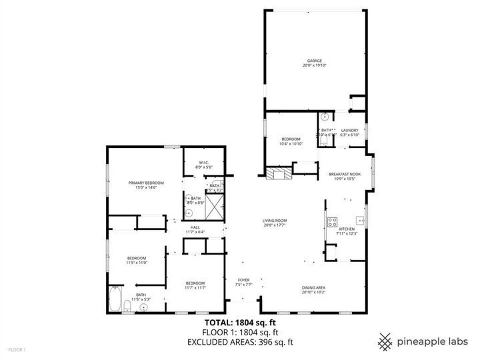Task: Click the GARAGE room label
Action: (315, 61)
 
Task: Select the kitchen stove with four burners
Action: (332, 222)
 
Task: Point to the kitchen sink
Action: (360, 219)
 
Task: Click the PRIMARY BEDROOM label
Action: (146, 182)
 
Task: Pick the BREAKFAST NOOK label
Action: (344, 174)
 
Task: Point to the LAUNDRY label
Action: (350, 130)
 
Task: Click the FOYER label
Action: (244, 280)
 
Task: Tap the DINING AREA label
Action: (313, 287)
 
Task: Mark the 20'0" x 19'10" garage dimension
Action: (315, 65)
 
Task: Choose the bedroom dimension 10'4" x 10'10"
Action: (291, 143)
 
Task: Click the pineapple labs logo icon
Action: (385, 341)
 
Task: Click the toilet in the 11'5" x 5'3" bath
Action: (127, 306)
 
